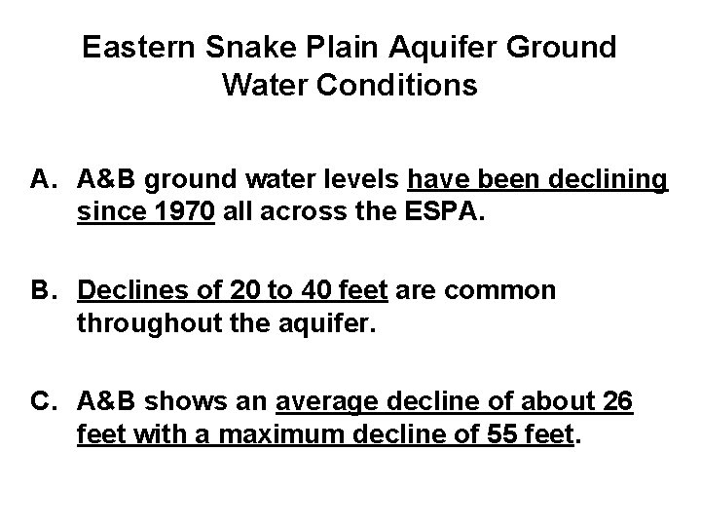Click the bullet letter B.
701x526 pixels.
[x=44, y=290]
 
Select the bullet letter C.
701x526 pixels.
[x=44, y=400]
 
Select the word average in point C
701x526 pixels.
[x=328, y=400]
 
